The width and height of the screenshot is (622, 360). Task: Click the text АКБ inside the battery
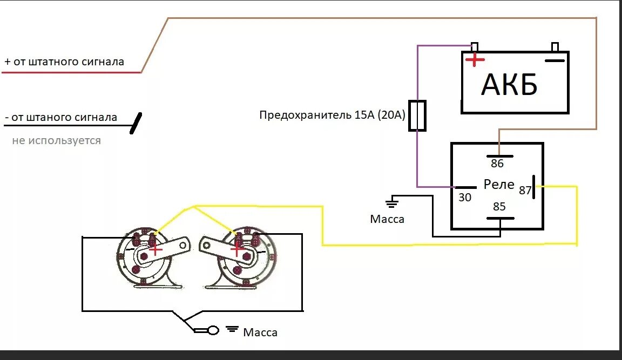click(509, 85)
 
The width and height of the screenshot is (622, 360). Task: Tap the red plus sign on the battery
click(475, 60)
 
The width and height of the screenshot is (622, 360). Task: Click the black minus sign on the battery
click(554, 60)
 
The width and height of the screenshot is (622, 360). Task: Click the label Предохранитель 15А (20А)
click(332, 115)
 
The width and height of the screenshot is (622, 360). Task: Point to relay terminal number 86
click(497, 163)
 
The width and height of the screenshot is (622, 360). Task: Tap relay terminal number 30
click(465, 198)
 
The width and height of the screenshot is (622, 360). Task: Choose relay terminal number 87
click(525, 190)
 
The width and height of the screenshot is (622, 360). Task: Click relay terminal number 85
click(499, 207)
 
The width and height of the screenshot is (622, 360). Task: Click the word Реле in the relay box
click(499, 185)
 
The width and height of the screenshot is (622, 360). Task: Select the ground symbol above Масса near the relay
click(392, 203)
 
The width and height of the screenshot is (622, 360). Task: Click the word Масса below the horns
click(260, 332)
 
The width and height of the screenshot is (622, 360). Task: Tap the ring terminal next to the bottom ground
click(213, 330)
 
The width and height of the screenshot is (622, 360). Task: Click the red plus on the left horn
click(155, 249)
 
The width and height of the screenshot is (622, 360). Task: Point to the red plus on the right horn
click(236, 249)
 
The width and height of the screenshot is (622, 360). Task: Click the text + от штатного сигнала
click(64, 62)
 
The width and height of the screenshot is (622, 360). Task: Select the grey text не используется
click(56, 141)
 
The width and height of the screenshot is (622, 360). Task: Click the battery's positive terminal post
click(475, 46)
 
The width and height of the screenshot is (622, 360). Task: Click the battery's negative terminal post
click(554, 46)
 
